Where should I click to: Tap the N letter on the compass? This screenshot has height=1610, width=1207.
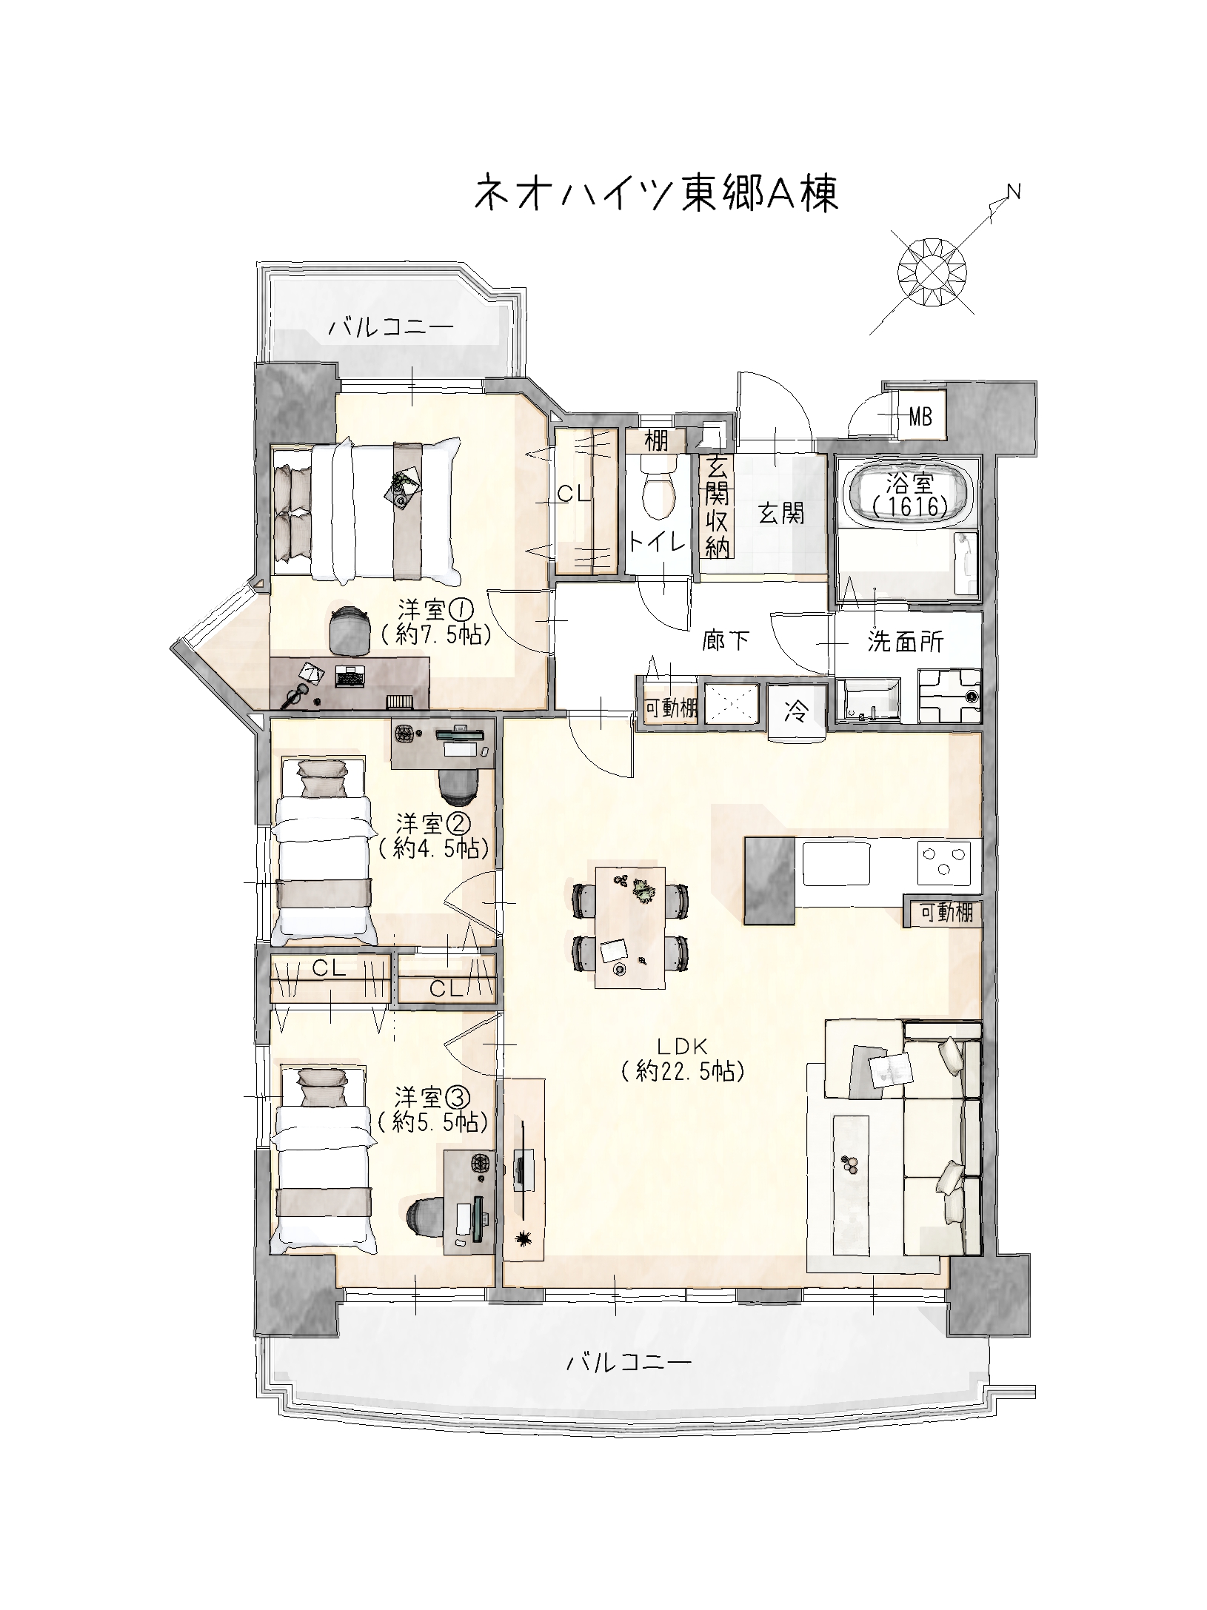coord(1014,192)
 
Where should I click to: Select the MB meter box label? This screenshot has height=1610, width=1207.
coord(920,417)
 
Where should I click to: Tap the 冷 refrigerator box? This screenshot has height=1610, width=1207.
coord(797,712)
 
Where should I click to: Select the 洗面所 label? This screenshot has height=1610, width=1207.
coord(906,642)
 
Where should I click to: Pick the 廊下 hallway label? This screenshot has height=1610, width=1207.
coord(726,641)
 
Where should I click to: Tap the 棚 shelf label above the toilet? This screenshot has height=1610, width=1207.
coord(656,442)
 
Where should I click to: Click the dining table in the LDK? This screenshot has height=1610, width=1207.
coord(631,925)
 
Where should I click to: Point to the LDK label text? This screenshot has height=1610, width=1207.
coord(682,1046)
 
